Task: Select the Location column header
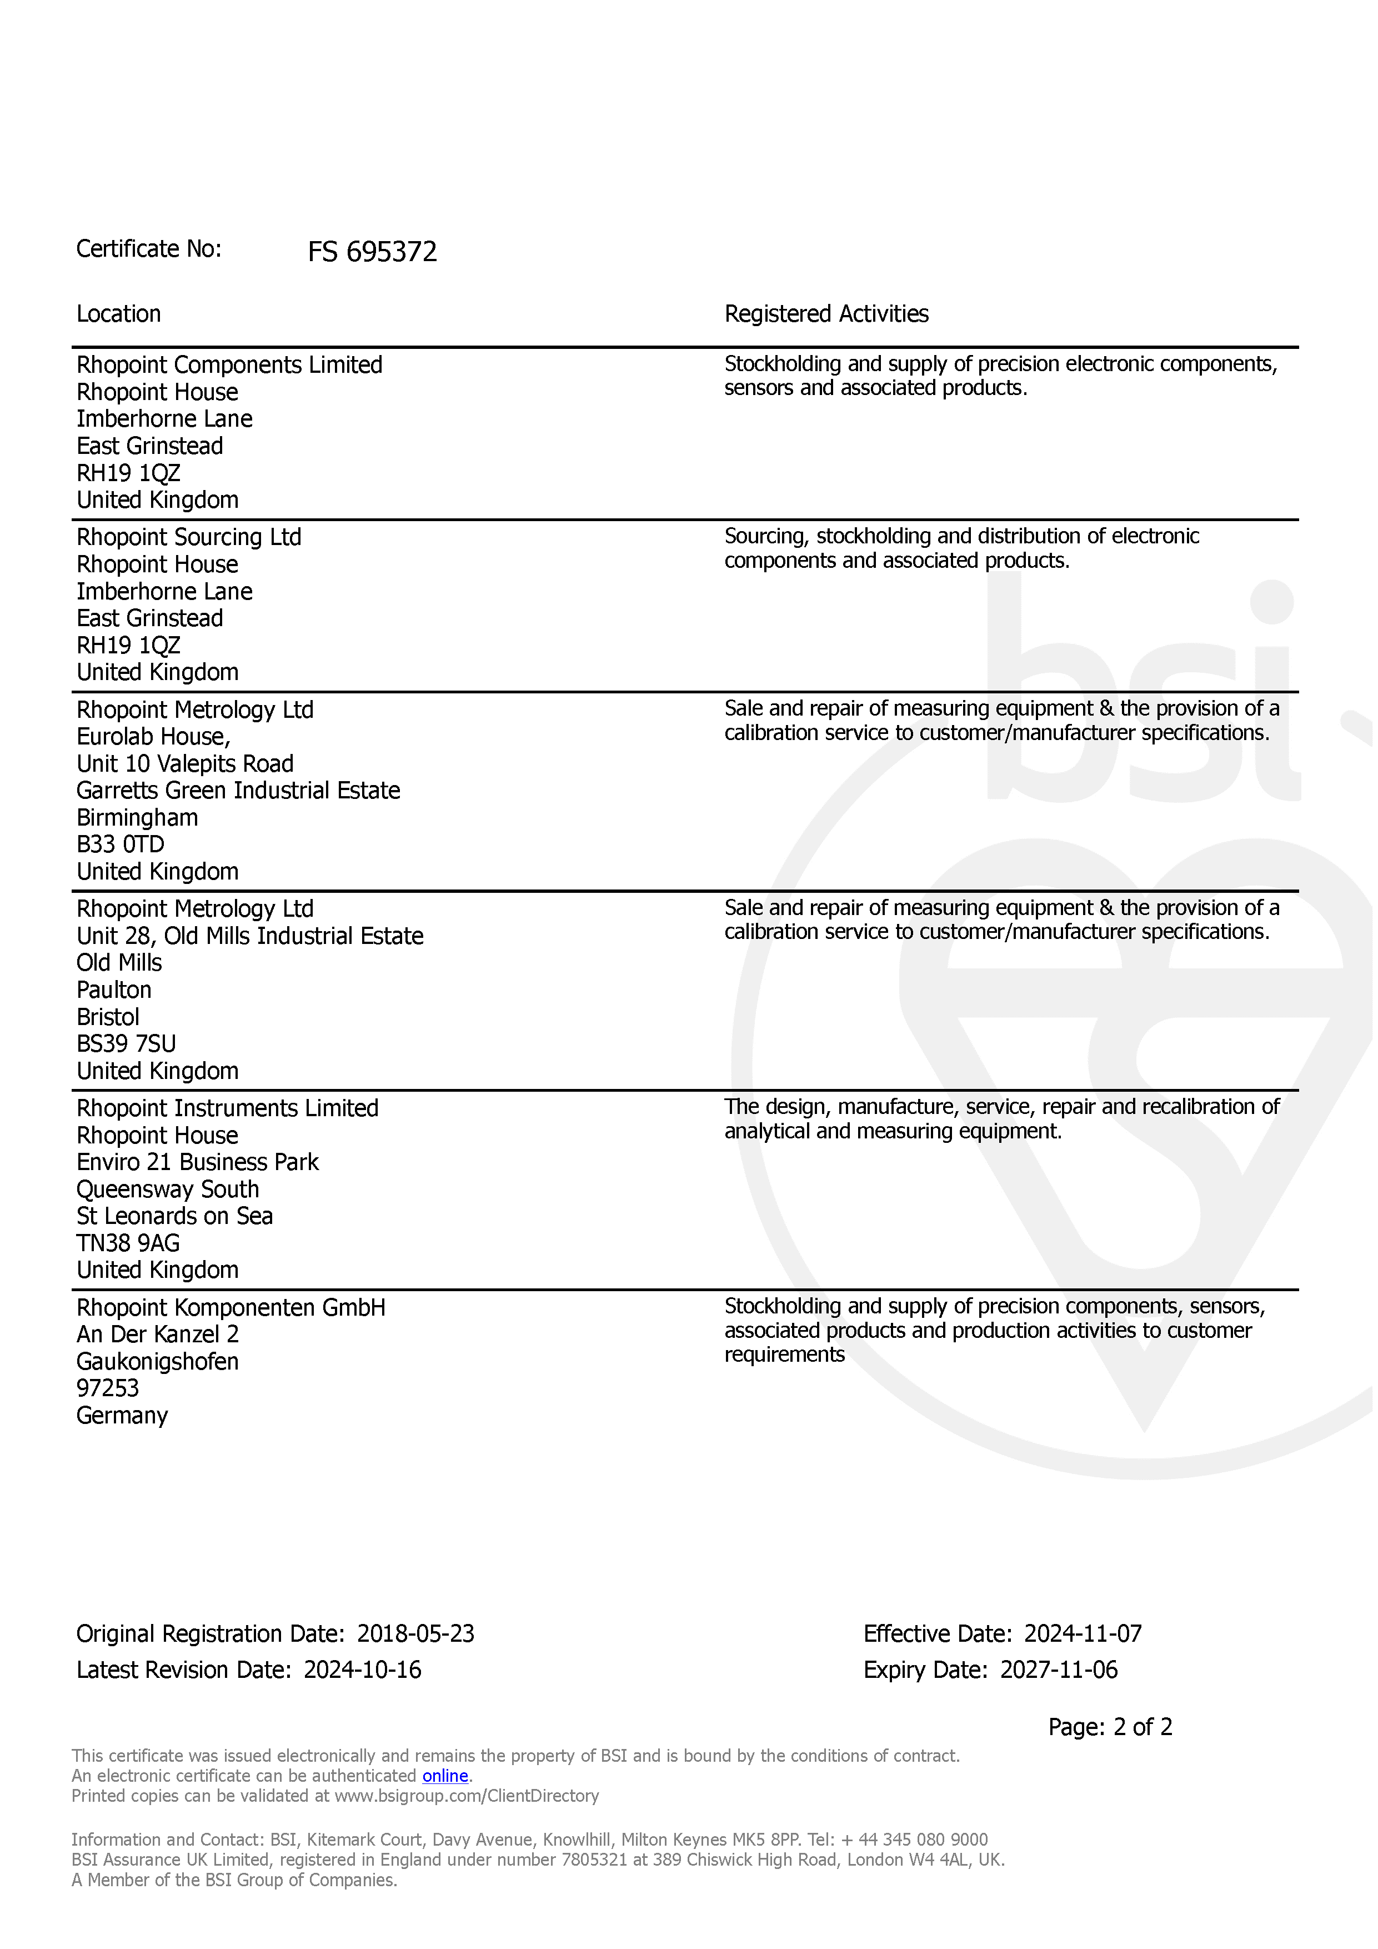[119, 314]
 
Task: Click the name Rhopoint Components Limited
[229, 365]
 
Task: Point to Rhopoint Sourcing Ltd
[188, 537]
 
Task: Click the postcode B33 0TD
[121, 844]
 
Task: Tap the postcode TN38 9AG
[128, 1243]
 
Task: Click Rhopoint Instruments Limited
[227, 1108]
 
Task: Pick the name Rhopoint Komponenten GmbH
[231, 1308]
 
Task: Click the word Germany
[122, 1416]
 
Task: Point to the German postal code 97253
[108, 1389]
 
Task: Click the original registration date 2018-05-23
[416, 1634]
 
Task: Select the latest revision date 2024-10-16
[362, 1671]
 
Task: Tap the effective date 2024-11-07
[1083, 1634]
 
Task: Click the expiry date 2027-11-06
[1059, 1671]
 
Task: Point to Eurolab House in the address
[153, 737]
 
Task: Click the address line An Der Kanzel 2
[158, 1335]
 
